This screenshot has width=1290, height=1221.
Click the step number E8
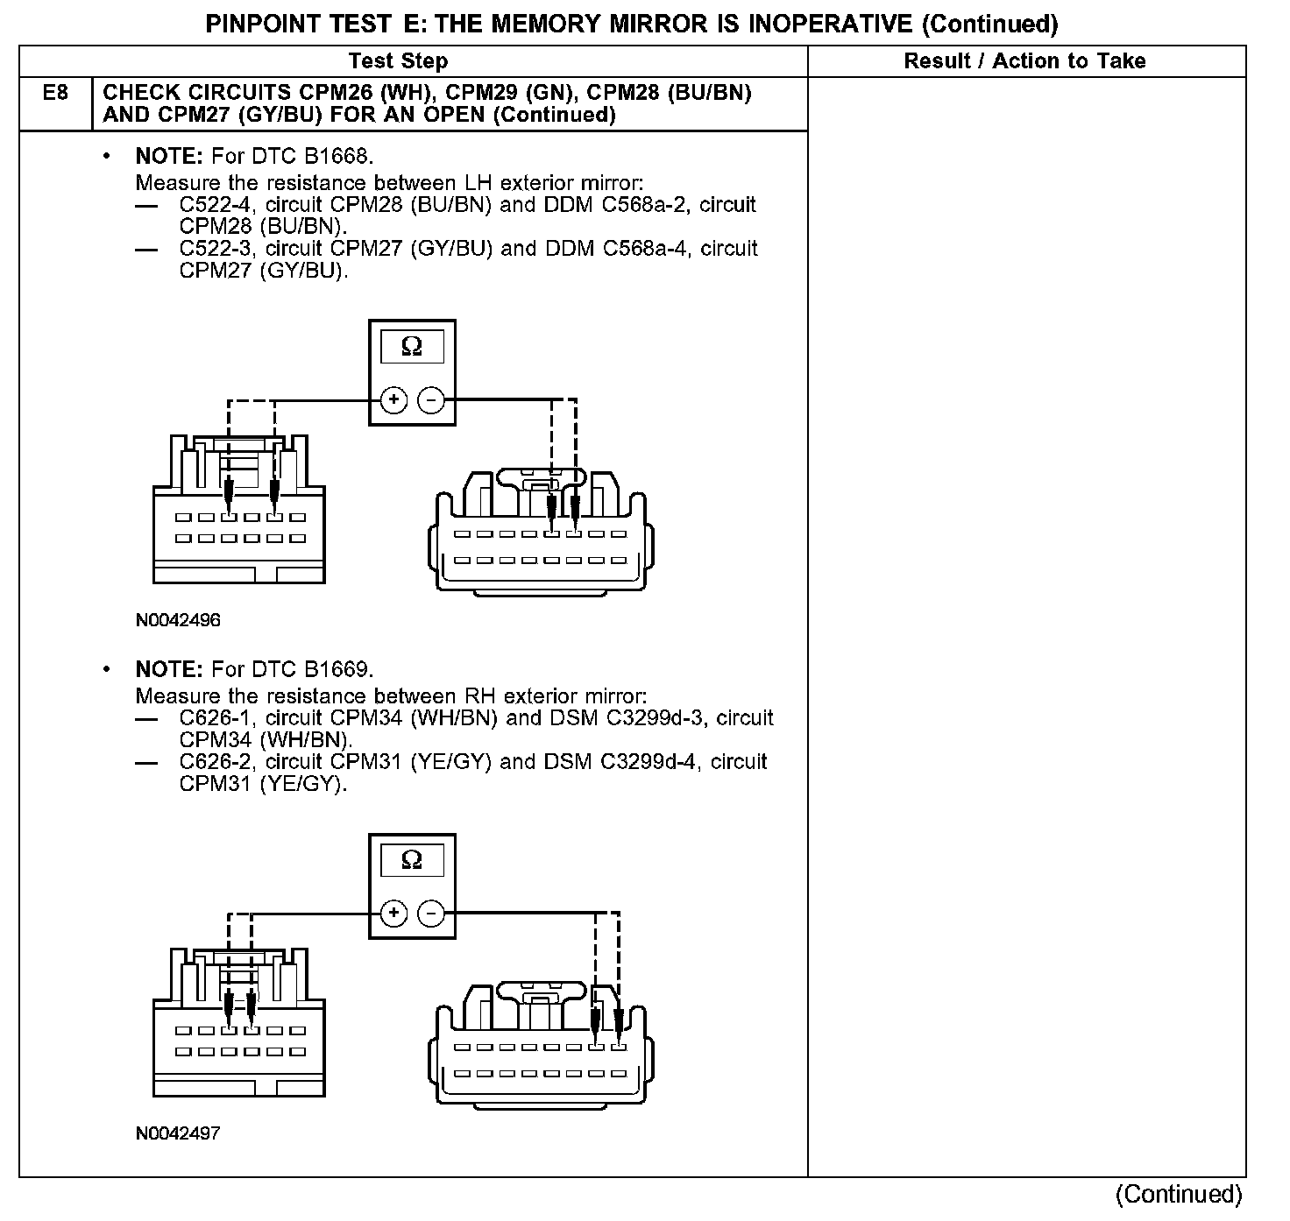pos(54,92)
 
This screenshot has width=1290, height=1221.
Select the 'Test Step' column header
pos(398,61)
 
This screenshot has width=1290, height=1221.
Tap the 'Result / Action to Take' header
pos(1024,61)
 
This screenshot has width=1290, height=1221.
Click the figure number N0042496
pos(178,620)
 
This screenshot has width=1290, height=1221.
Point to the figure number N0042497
pos(178,1133)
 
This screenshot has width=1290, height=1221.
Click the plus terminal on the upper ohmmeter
pos(393,400)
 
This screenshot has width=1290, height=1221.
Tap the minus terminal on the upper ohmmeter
pos(430,400)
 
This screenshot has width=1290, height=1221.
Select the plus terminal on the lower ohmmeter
pos(393,914)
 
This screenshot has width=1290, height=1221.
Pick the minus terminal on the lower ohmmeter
pos(430,914)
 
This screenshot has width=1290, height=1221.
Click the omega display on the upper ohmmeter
pos(412,348)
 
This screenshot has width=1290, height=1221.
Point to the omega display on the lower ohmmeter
pos(412,861)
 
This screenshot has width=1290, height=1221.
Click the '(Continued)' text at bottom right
pos(1178,1195)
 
